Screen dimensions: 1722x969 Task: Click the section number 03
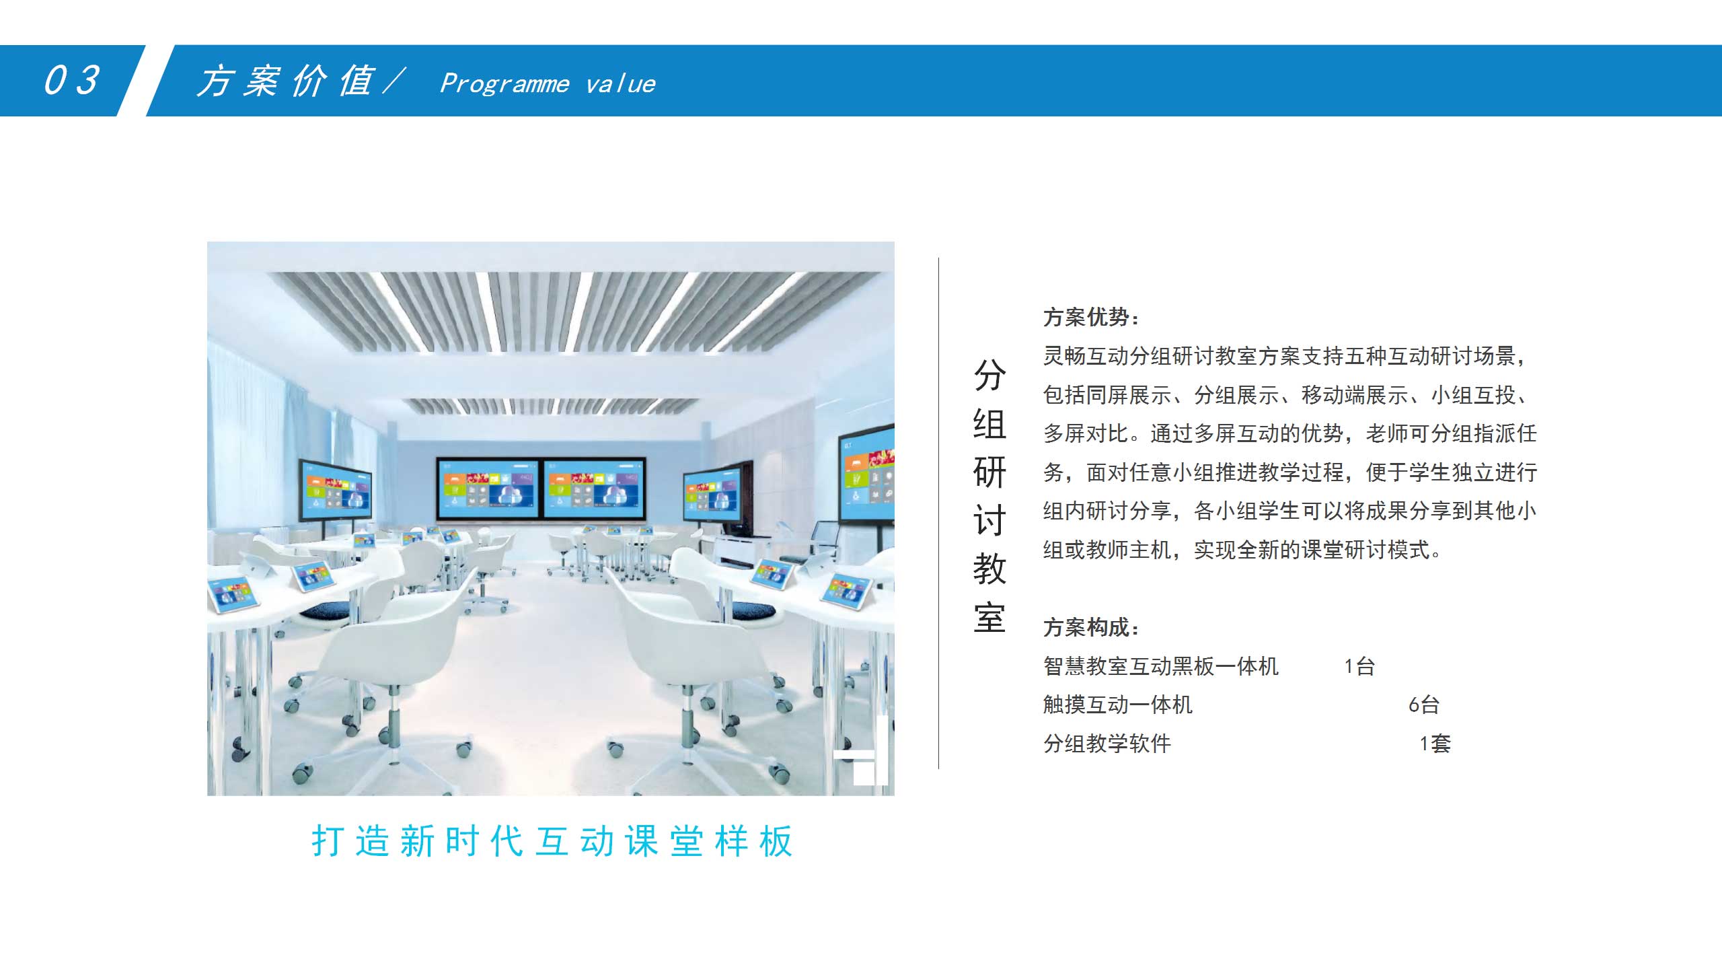[x=72, y=80]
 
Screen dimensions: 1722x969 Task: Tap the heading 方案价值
[x=285, y=81]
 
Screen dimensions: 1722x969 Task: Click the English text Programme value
[x=548, y=83]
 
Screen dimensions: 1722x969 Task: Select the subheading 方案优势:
[x=1090, y=317]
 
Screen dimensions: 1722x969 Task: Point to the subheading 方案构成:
[x=1090, y=627]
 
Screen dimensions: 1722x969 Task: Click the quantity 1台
[x=1359, y=666]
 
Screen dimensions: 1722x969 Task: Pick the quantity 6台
[x=1424, y=705]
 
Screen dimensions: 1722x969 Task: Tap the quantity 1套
[x=1435, y=744]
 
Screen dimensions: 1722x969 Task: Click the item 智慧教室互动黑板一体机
[x=1161, y=666]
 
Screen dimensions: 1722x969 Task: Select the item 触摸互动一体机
[x=1118, y=705]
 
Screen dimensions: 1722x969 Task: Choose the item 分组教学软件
[x=1107, y=744]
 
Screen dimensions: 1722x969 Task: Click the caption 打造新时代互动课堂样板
[x=552, y=841]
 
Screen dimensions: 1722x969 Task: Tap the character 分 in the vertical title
[x=989, y=375]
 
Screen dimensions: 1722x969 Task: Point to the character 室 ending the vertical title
[x=989, y=618]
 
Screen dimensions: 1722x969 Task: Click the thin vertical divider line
[x=938, y=513]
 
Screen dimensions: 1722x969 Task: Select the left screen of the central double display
[x=488, y=487]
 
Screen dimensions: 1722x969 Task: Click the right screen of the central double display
[x=594, y=487]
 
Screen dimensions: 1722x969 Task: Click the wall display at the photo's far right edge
[x=866, y=475]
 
